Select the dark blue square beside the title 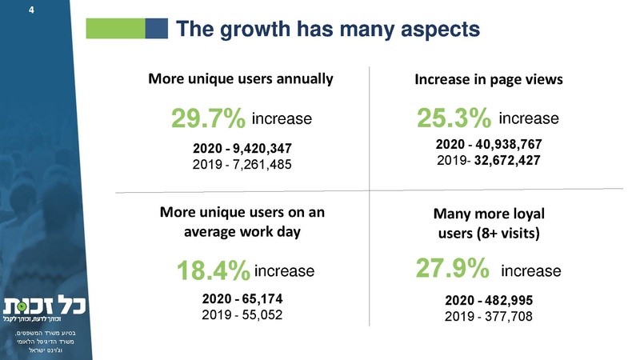(x=156, y=29)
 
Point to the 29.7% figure (x=207, y=121)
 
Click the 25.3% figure (x=454, y=120)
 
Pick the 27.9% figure (x=453, y=269)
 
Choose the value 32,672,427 (x=506, y=161)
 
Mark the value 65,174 (x=260, y=299)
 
